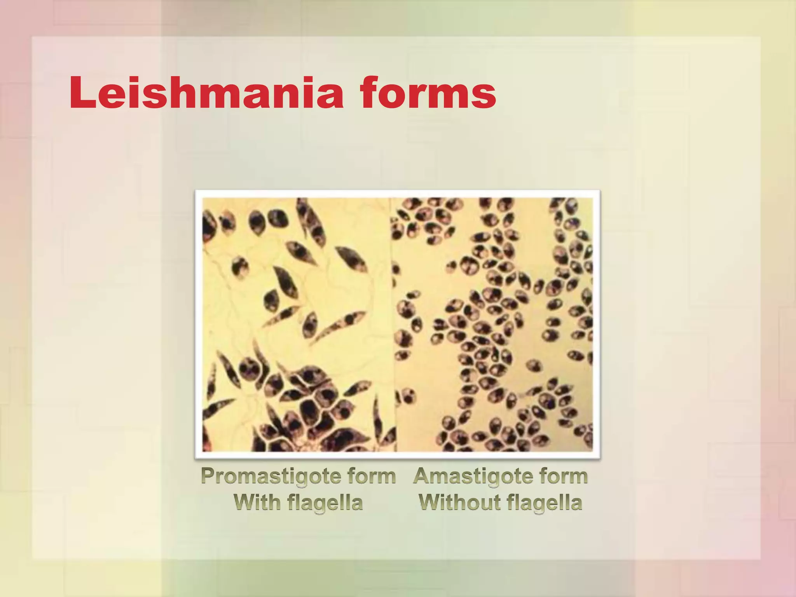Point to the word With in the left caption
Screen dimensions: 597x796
257,502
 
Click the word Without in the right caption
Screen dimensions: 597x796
459,502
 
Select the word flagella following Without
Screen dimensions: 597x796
545,503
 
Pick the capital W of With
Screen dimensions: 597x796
244,502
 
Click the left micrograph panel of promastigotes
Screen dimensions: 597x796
297,325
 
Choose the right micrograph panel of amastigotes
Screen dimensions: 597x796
494,325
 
